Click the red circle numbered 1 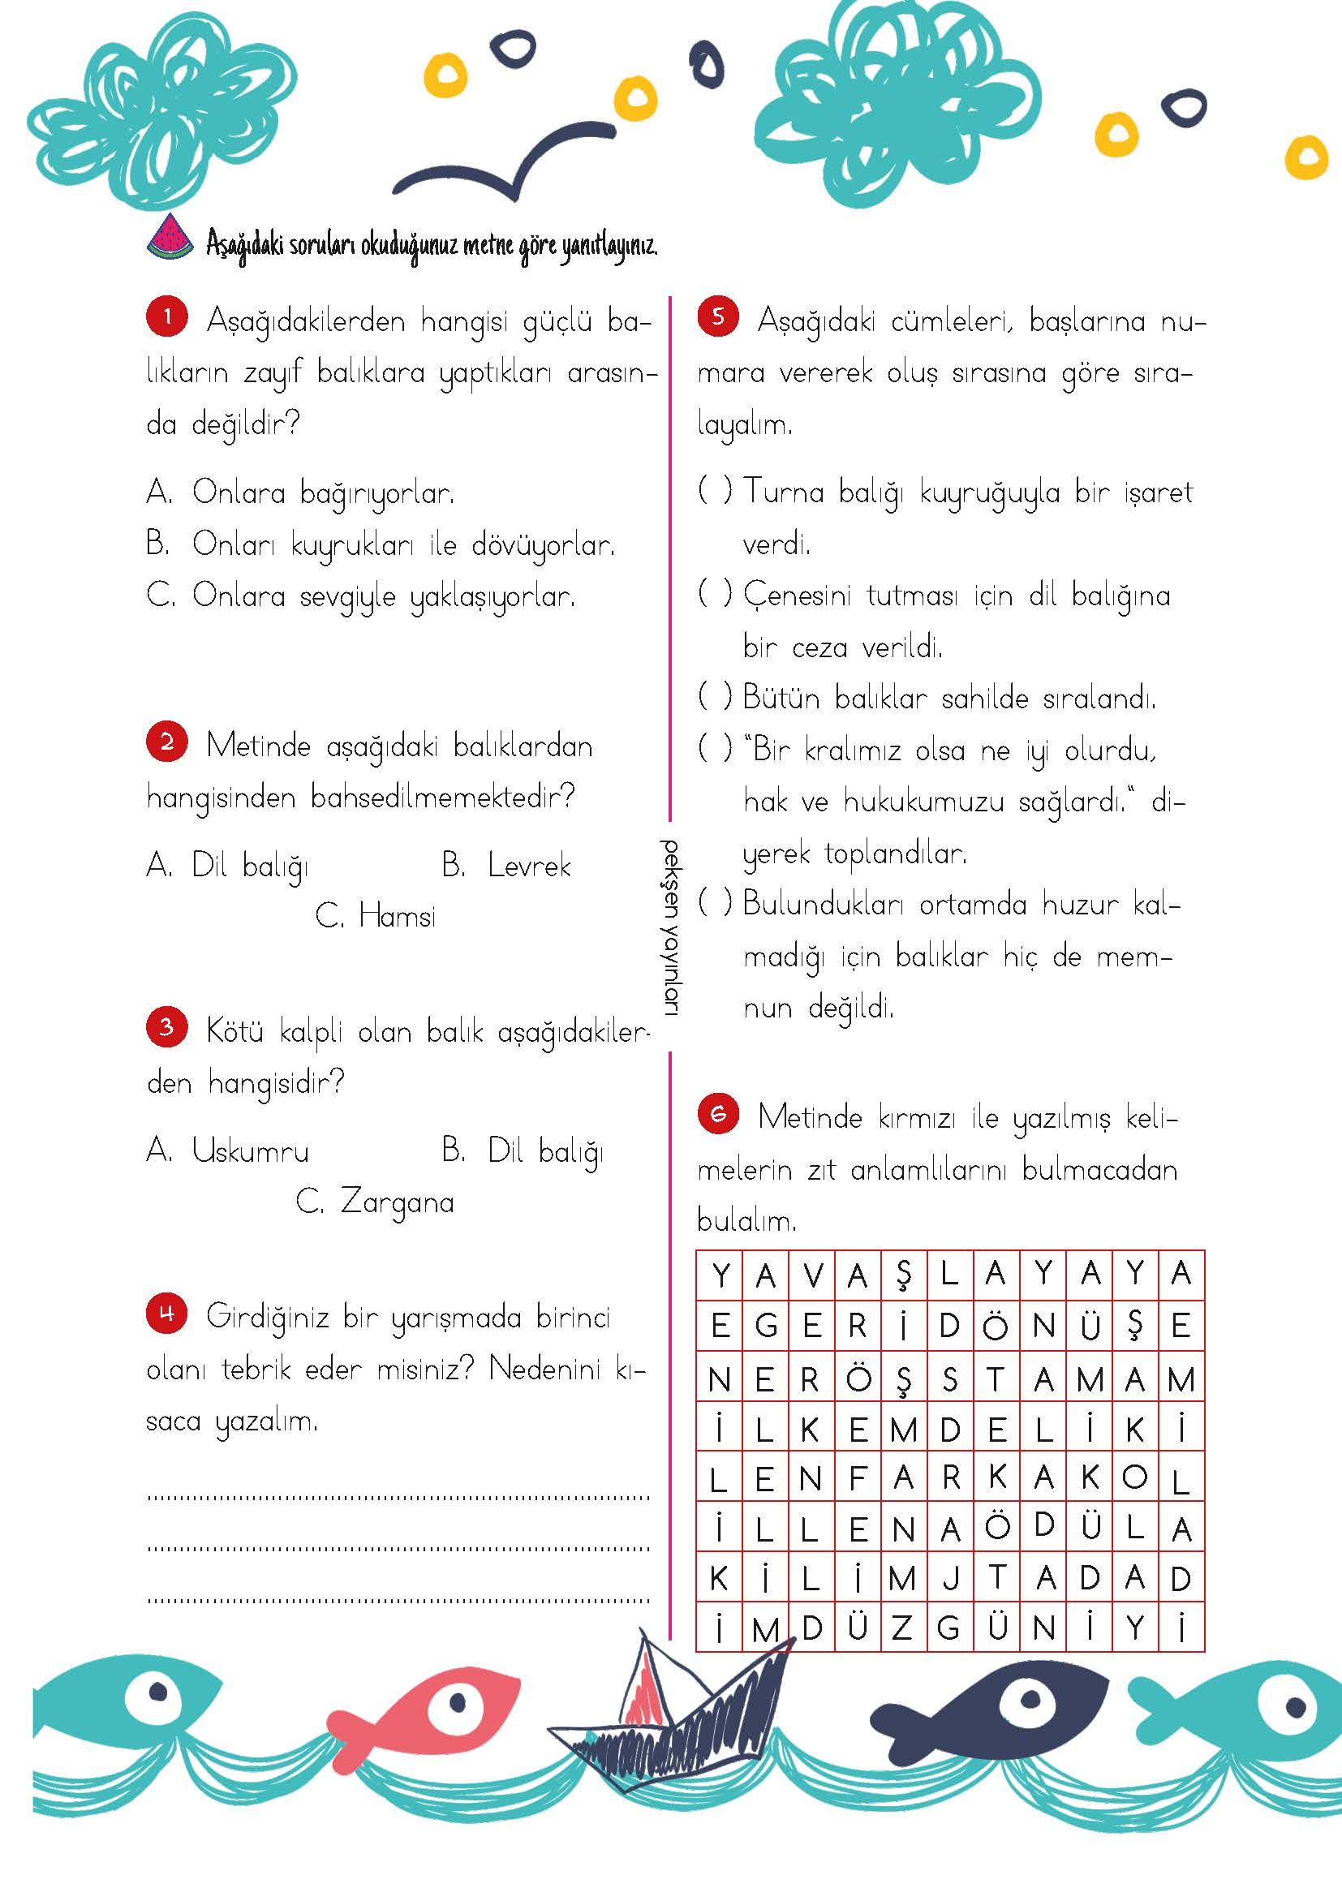pyautogui.click(x=167, y=318)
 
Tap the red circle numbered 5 pyautogui.click(x=717, y=317)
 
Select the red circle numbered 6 pyautogui.click(x=717, y=1115)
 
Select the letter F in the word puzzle pyautogui.click(x=857, y=1477)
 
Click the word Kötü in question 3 pyautogui.click(x=234, y=1031)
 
